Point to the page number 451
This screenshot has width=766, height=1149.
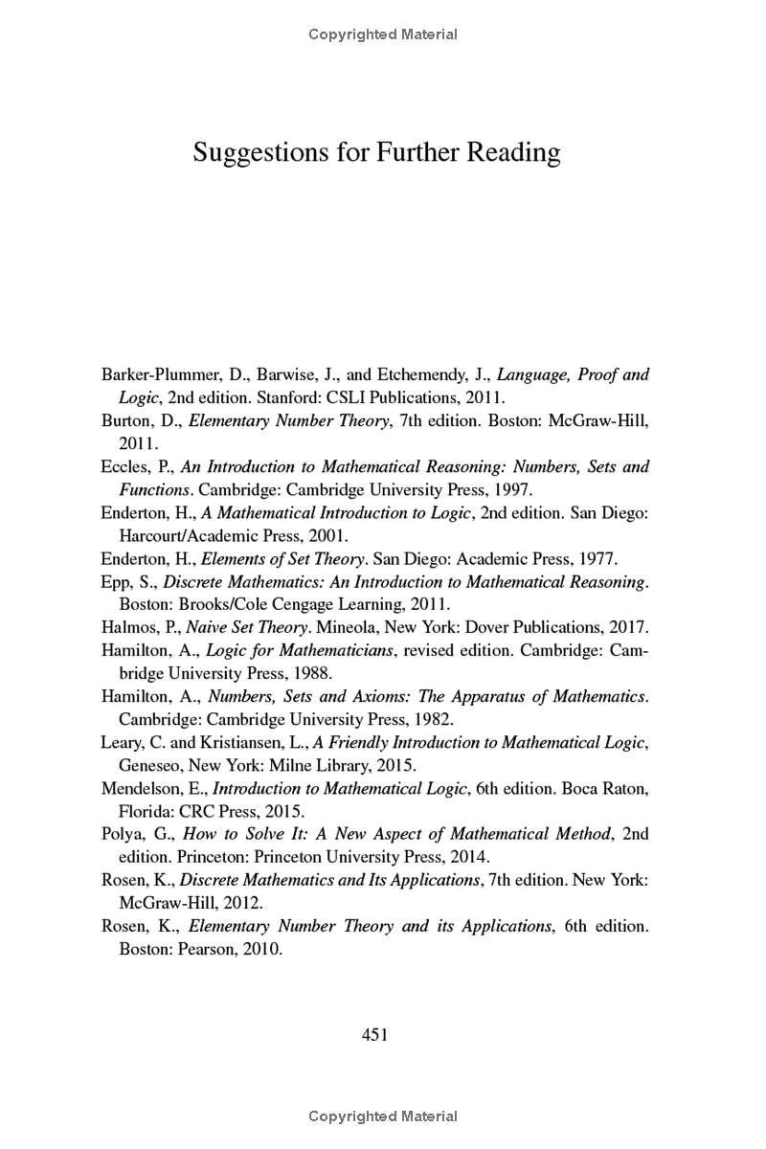374,1034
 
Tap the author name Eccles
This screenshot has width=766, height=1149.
124,467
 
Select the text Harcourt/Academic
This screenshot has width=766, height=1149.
177,535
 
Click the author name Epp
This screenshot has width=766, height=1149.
117,581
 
